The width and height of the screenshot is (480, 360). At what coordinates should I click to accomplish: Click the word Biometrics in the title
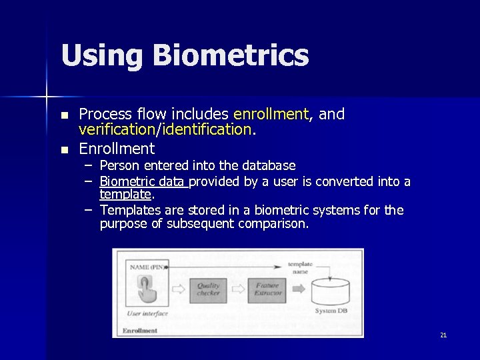[x=231, y=55]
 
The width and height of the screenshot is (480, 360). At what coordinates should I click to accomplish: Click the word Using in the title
[x=102, y=55]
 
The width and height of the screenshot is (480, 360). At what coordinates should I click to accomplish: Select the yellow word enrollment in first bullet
[x=271, y=114]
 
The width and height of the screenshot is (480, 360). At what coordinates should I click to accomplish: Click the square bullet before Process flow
[x=64, y=115]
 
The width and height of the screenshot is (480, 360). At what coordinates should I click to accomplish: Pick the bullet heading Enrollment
[x=117, y=148]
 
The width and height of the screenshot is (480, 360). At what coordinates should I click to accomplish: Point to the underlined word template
[x=126, y=195]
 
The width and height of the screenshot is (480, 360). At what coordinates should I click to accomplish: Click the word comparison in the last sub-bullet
[x=273, y=224]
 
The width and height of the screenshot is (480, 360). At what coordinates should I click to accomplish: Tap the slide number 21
[x=443, y=335]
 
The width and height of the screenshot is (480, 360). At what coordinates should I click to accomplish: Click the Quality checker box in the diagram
[x=208, y=289]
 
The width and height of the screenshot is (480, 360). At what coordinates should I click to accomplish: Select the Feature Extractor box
[x=267, y=289]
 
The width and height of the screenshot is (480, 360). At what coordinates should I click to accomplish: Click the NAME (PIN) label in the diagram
[x=147, y=267]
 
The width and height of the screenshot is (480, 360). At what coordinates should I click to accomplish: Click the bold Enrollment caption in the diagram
[x=141, y=330]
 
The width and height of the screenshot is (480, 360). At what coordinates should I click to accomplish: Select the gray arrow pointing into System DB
[x=299, y=289]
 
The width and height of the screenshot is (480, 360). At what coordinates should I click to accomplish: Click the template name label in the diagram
[x=299, y=267]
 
